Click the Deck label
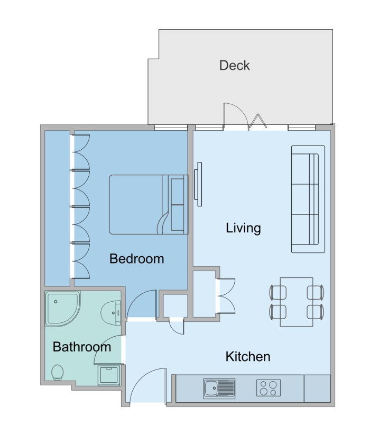point(234,66)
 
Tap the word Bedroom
point(137,259)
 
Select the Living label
point(243,228)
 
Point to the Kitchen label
point(248,356)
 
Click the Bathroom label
point(81,347)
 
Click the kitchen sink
point(219,389)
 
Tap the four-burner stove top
point(269,388)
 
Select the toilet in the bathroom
point(57,372)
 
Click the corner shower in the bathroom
point(63,309)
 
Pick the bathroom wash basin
point(111,313)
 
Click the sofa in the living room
point(308,199)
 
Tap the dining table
point(297,302)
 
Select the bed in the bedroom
point(149,205)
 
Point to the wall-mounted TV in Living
point(198,184)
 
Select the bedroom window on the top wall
point(171,127)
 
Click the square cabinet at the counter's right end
point(317,389)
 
